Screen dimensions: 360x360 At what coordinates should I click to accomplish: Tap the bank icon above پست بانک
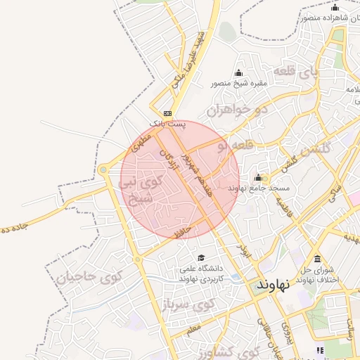point(167,113)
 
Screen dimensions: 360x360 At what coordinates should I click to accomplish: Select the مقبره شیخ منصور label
point(239,84)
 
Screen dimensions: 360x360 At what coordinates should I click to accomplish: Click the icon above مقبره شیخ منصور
point(239,73)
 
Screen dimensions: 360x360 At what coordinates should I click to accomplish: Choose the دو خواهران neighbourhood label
point(238,110)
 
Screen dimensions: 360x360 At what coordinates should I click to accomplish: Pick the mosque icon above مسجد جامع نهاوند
point(258,177)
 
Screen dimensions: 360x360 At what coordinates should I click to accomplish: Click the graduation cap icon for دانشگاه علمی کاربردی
point(202,258)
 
